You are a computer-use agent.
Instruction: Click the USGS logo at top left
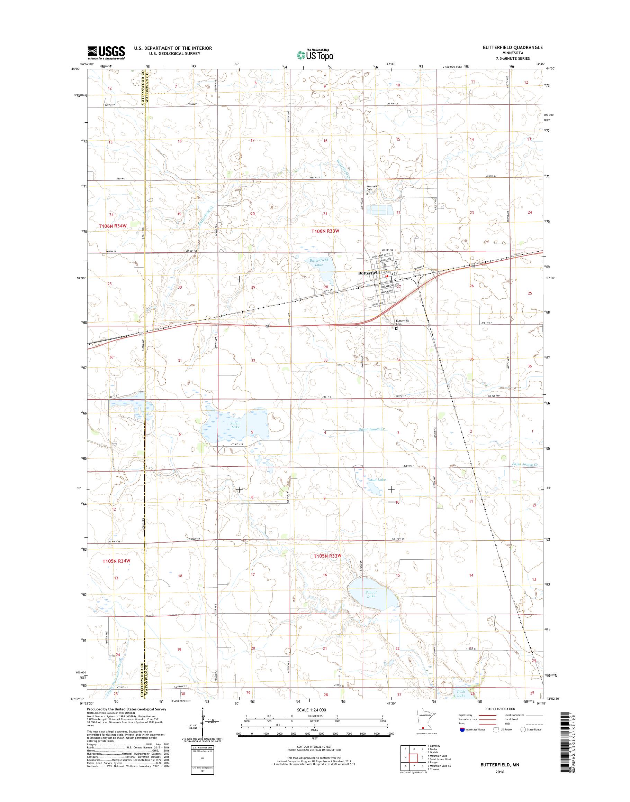[106, 53]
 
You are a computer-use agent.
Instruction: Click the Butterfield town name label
[369, 273]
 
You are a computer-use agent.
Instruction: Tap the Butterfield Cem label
[403, 322]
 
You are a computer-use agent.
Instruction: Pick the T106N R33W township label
[325, 231]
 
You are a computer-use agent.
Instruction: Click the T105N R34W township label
[117, 561]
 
